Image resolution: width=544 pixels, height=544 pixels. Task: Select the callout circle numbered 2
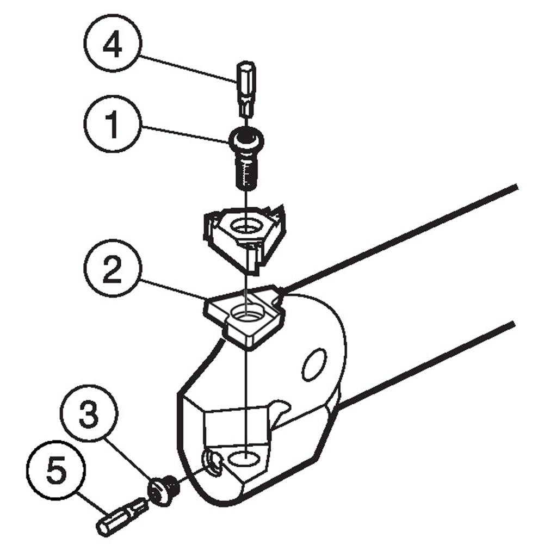click(x=113, y=271)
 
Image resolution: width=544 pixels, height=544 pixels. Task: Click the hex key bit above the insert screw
click(x=244, y=88)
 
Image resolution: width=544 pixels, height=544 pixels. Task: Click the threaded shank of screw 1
click(x=245, y=171)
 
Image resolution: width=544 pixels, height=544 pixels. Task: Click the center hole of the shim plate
click(x=245, y=313)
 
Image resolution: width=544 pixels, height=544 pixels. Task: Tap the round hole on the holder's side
click(x=314, y=364)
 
